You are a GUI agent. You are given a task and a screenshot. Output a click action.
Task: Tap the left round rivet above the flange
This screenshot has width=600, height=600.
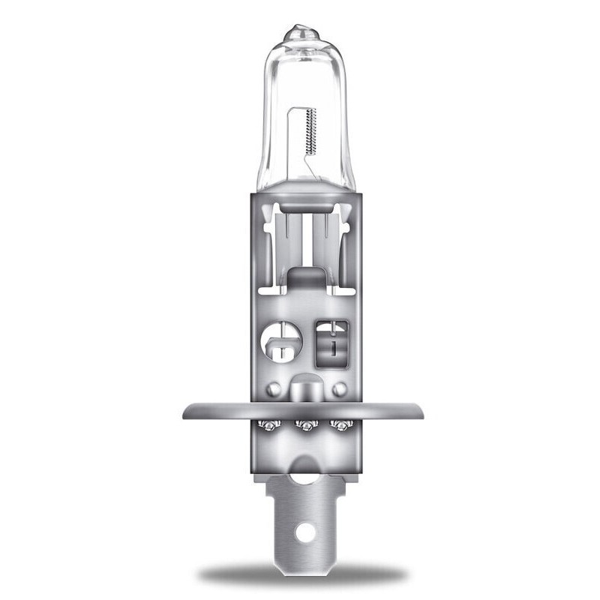(274, 389)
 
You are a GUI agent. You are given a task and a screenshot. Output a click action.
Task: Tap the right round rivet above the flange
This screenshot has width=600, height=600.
(340, 389)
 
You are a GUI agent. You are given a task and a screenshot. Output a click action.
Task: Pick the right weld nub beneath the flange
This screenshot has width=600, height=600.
(342, 426)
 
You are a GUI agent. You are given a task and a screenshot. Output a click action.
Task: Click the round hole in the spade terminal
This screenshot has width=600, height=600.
(304, 532)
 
